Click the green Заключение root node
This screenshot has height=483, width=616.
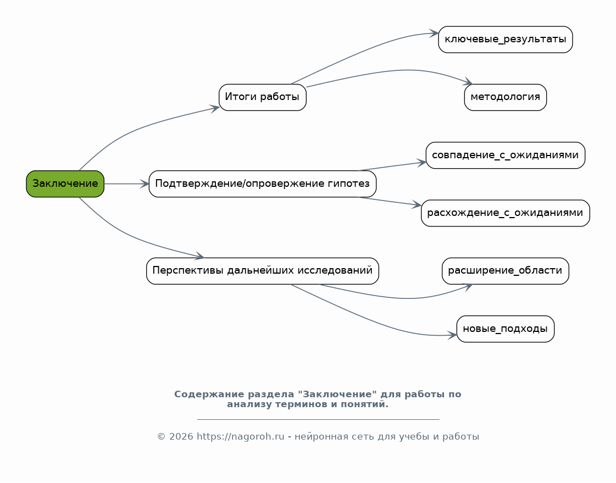[65, 184]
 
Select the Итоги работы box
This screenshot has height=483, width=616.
[263, 97]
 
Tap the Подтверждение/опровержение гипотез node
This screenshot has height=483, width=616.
[263, 184]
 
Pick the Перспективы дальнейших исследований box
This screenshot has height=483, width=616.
[263, 271]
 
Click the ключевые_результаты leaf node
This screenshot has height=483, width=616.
[505, 40]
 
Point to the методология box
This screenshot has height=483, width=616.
[505, 97]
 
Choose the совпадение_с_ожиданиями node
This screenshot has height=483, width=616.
[505, 156]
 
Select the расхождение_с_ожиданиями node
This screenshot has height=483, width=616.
[505, 213]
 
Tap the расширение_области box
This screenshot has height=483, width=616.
[505, 271]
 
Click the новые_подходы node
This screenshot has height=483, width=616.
[505, 329]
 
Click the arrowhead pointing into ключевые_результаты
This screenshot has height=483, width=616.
[434, 34]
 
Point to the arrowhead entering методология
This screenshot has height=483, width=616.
[468, 82]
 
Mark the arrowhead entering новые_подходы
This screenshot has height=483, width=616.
[452, 335]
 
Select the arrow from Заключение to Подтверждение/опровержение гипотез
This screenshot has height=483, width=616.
[126, 184]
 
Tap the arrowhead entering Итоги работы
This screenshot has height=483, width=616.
[214, 108]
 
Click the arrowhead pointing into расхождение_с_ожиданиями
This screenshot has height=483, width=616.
[417, 204]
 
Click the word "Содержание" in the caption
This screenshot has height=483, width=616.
[201, 394]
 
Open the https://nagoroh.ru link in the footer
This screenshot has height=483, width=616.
[241, 437]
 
